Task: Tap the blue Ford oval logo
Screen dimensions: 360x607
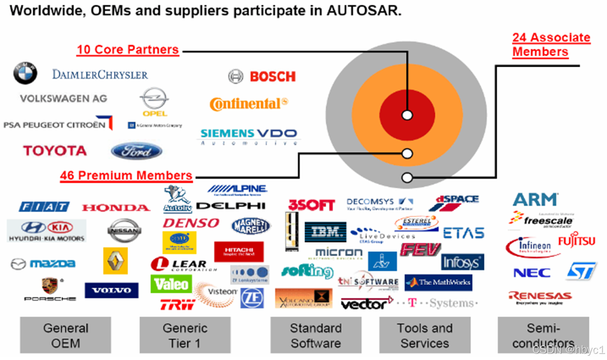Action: point(137,151)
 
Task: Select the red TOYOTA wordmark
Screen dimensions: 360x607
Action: point(55,151)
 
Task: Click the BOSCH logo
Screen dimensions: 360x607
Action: point(262,77)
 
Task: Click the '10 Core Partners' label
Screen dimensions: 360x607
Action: point(128,50)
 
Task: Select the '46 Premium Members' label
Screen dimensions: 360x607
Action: point(126,176)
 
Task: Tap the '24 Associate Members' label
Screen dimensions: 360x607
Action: point(551,44)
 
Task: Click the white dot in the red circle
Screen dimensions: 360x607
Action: point(407,115)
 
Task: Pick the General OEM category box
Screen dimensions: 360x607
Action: point(65,335)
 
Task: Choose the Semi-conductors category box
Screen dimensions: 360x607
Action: point(543,335)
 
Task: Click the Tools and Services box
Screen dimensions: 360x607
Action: point(425,335)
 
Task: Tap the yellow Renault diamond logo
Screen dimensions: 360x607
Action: point(115,261)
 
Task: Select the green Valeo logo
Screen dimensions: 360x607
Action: point(171,284)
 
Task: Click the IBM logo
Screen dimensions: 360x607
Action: point(325,232)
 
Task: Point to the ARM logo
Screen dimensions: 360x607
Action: point(535,200)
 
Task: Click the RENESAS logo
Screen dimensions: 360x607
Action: point(540,297)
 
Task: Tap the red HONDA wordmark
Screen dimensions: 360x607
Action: point(116,208)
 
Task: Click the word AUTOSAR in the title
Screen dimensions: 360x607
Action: point(364,11)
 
